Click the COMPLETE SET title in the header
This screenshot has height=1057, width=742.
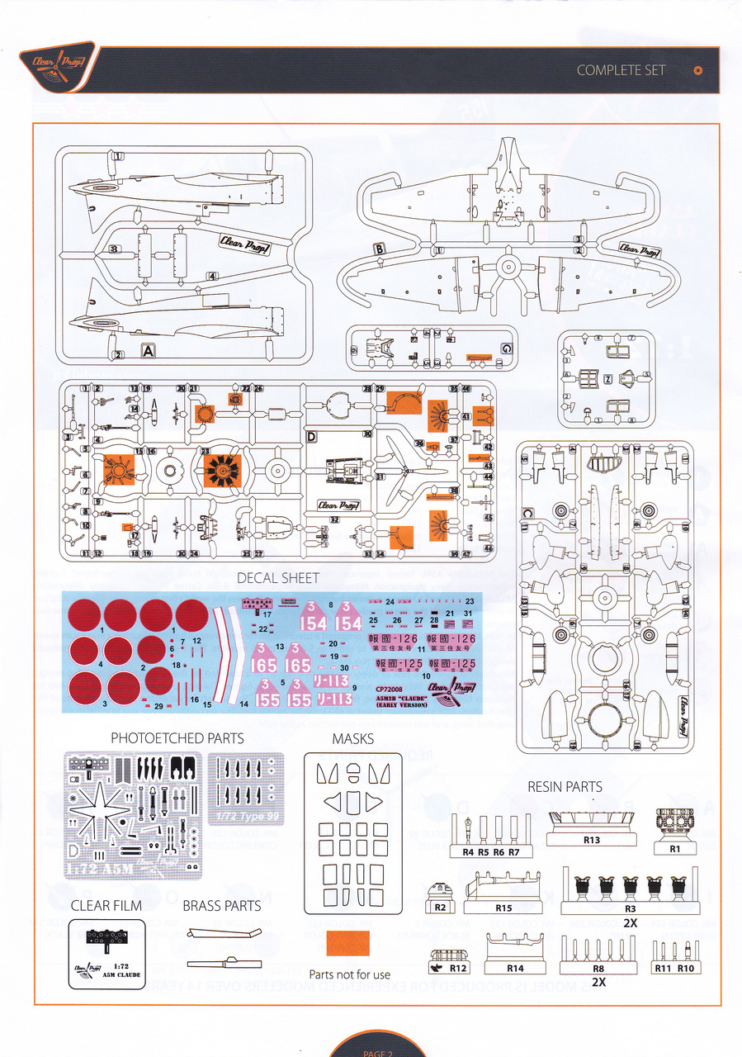[621, 70]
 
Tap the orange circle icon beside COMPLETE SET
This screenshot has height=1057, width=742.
[698, 70]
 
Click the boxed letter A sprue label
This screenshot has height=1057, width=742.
[149, 350]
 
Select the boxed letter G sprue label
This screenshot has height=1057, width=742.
[506, 348]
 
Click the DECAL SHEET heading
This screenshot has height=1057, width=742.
[277, 578]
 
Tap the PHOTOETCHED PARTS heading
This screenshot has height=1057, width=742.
[177, 737]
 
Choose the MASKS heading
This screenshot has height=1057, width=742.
[352, 737]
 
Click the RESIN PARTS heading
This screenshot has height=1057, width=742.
[565, 787]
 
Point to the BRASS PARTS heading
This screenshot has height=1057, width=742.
[222, 906]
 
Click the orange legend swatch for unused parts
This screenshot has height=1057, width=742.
[348, 942]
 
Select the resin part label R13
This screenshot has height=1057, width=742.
[591, 840]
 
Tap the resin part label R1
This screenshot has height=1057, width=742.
[674, 848]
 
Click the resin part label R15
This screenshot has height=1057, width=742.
[503, 908]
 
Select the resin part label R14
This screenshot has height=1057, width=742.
[515, 968]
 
